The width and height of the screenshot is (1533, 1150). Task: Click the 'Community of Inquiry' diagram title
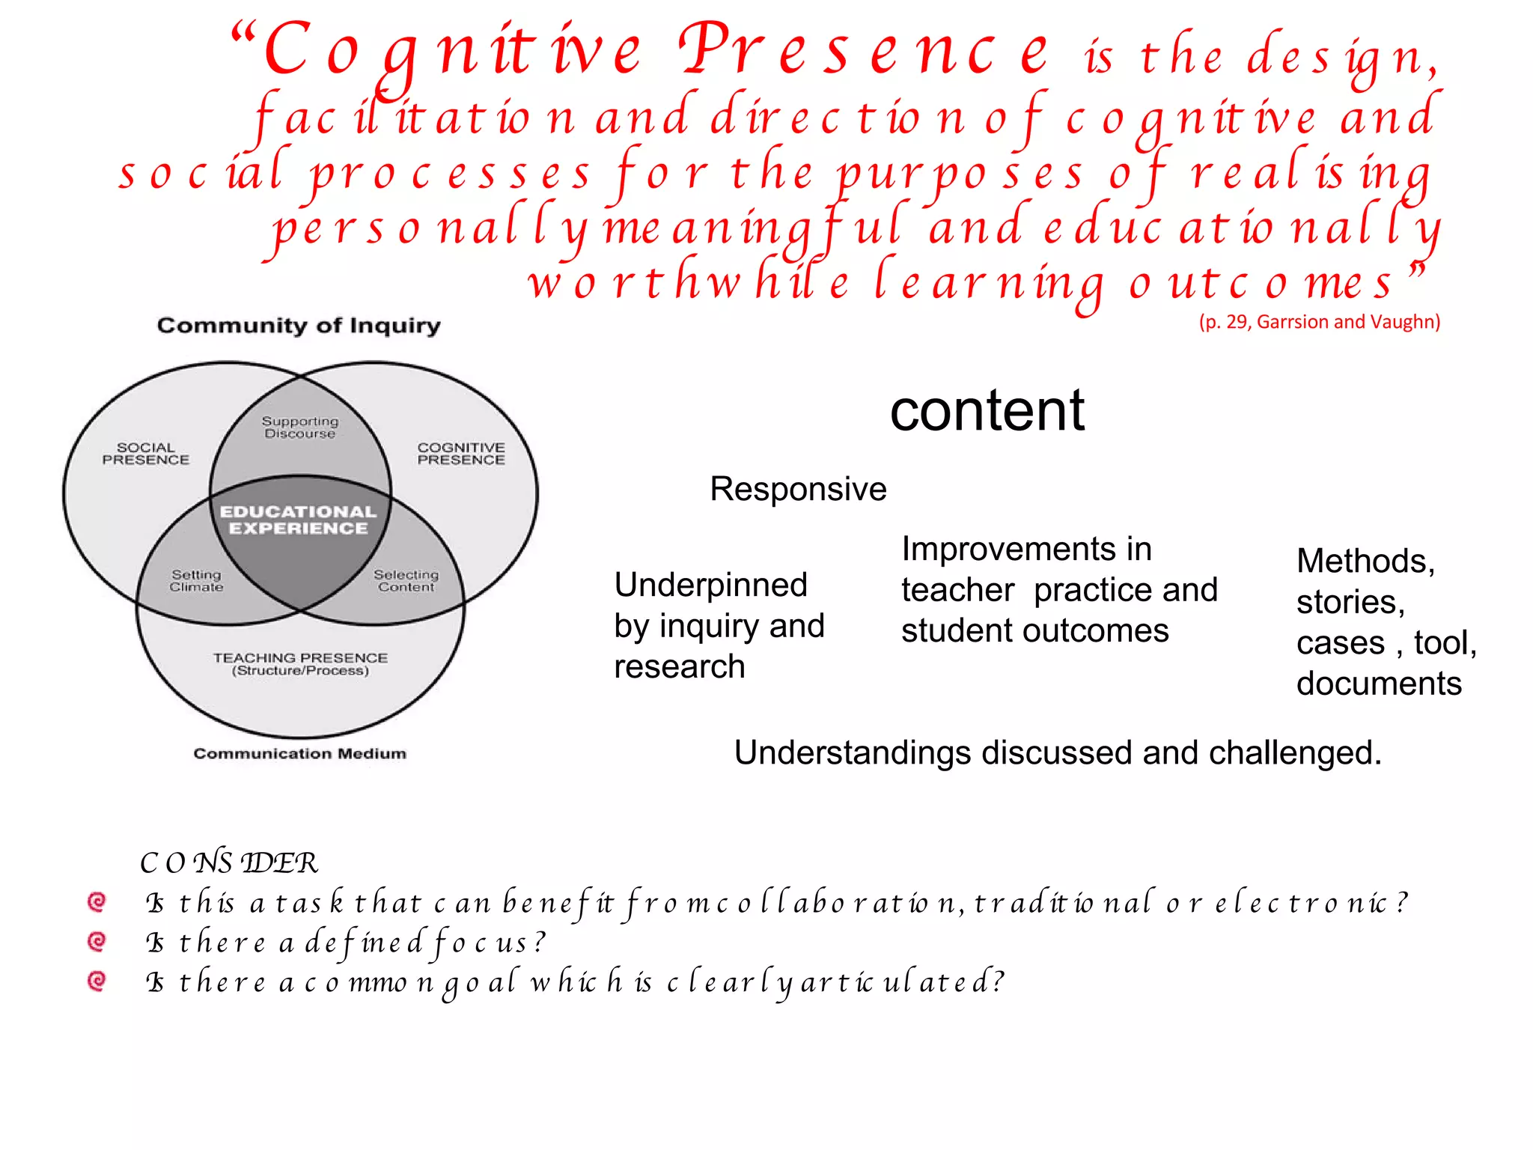click(x=299, y=326)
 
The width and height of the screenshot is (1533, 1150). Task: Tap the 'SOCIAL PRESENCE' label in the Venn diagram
click(x=146, y=454)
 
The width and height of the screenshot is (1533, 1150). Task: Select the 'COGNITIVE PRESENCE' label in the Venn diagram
click(x=461, y=454)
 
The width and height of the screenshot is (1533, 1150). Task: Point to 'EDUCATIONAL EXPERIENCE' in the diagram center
click(x=299, y=520)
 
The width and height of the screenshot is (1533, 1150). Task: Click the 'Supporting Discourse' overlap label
click(x=300, y=428)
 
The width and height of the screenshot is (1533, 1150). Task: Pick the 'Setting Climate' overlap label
click(x=196, y=581)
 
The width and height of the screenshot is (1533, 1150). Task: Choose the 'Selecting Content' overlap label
click(x=406, y=581)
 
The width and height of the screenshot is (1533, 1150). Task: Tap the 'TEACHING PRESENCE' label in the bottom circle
click(x=300, y=658)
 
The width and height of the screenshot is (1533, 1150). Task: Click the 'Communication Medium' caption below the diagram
click(x=299, y=754)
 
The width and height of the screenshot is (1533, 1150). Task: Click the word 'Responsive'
click(x=798, y=489)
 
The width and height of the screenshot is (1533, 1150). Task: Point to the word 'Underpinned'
click(x=710, y=585)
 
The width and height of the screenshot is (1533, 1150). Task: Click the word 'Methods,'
click(x=1365, y=561)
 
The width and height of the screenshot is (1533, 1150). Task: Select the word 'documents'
click(x=1379, y=684)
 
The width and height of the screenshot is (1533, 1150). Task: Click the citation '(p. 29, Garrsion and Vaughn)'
click(x=1319, y=322)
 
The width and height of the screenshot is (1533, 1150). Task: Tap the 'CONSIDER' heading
click(x=229, y=862)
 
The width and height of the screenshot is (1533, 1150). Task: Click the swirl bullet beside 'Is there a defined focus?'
click(x=97, y=941)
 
